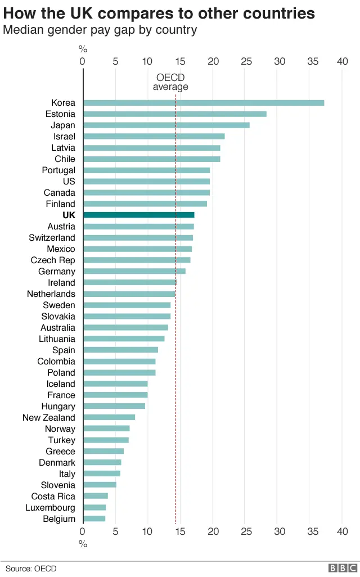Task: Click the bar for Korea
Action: (204, 103)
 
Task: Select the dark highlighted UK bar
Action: (139, 215)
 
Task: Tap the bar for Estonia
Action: (175, 114)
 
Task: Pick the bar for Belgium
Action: (94, 519)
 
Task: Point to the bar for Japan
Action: (166, 125)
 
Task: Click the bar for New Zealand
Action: (109, 417)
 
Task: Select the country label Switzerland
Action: (52, 238)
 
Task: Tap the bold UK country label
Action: (69, 215)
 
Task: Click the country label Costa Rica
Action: (53, 497)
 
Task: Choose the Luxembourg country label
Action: (50, 508)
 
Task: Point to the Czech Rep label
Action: (53, 260)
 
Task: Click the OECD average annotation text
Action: (170, 82)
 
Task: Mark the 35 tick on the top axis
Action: (310, 61)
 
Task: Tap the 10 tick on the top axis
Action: (147, 61)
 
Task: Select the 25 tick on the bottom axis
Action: (245, 531)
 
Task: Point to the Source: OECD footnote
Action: (31, 569)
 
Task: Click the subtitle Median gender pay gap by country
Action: (100, 30)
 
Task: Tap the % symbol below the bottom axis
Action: (83, 544)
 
